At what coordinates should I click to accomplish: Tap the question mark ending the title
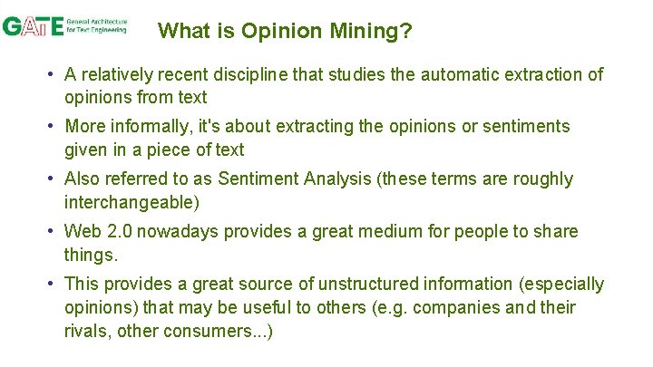pyautogui.click(x=406, y=32)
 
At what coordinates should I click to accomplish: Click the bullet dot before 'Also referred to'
pyautogui.click(x=54, y=179)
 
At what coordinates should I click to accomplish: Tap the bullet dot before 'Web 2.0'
pyautogui.click(x=54, y=231)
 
